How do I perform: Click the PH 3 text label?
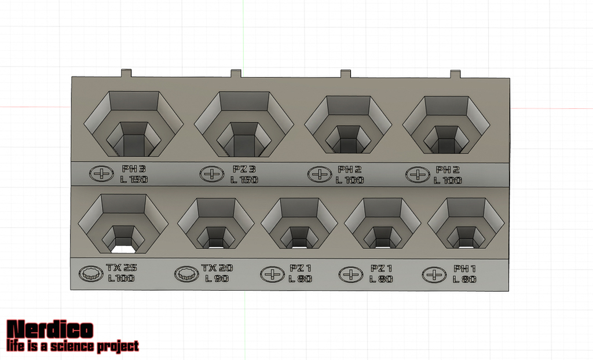(x=134, y=169)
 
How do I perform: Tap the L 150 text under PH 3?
(x=134, y=180)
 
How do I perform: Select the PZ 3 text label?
(x=244, y=169)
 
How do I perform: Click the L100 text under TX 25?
(x=121, y=278)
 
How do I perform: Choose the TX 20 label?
(x=217, y=268)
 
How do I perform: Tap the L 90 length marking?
(x=217, y=278)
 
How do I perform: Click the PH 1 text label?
(x=464, y=269)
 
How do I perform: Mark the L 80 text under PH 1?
(x=464, y=279)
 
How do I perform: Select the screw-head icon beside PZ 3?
(x=212, y=174)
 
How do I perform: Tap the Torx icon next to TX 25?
(x=90, y=273)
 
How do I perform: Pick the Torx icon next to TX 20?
(x=186, y=273)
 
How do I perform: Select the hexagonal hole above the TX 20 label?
(x=216, y=223)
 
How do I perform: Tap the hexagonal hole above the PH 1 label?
(x=465, y=223)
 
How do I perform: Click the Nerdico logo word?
(x=50, y=329)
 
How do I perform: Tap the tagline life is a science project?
(x=72, y=346)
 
